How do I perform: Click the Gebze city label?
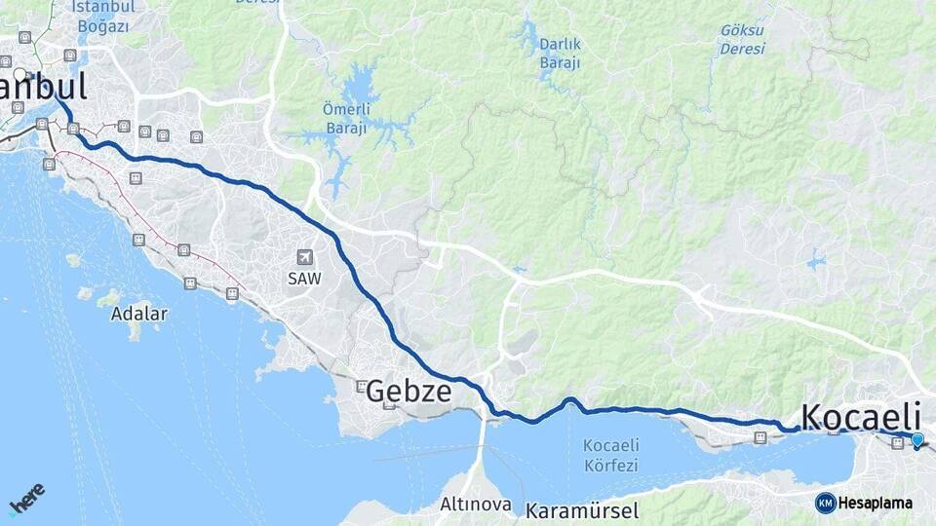409,392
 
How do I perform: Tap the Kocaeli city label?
861,413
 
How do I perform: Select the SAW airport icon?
304,257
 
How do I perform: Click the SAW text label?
304,278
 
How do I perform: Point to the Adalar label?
138,314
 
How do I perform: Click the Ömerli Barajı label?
345,118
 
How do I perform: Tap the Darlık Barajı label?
560,54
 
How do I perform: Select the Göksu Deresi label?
742,39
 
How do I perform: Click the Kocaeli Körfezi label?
610,455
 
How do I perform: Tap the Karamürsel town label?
581,510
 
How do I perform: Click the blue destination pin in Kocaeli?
916,440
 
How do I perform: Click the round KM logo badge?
825,503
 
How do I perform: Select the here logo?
26,499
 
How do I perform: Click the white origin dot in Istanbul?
20,73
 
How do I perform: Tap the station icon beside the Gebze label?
362,386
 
